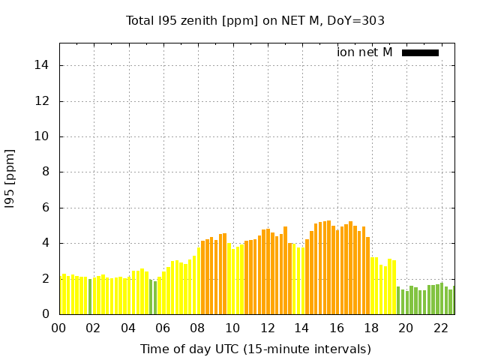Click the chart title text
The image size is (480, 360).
tap(255, 20)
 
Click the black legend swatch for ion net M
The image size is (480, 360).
tap(420, 52)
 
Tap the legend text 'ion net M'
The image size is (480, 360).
tap(364, 52)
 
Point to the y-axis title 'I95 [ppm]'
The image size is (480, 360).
tap(10, 178)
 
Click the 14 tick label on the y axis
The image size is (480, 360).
tap(43, 65)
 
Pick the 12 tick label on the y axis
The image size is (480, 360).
tap(43, 101)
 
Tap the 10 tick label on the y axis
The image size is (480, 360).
tap(43, 136)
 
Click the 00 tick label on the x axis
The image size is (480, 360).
tap(59, 328)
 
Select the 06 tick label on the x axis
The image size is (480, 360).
tap(163, 328)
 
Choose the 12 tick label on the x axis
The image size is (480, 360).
tap(267, 328)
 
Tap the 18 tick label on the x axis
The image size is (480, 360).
tap(371, 328)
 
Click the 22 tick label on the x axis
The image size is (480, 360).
tap(440, 328)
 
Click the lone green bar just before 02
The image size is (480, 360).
tap(90, 297)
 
